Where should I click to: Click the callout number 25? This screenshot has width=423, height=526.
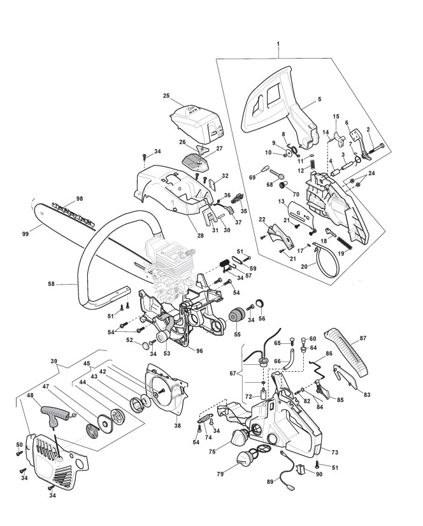coord(166,96)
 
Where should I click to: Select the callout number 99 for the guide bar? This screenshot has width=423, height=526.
coord(25,234)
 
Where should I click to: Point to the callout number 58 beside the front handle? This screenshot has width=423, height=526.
coord(51,284)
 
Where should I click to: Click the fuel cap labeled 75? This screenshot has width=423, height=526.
coord(238,437)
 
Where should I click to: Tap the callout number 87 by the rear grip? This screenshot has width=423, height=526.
coord(363,339)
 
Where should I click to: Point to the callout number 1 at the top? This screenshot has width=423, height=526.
coord(278,44)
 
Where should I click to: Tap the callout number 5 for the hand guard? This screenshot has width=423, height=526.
coord(319,99)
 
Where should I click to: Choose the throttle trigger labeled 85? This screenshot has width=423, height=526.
coord(322,389)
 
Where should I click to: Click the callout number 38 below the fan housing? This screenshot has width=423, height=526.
coord(177,425)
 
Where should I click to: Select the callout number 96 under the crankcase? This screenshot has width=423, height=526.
coord(200,351)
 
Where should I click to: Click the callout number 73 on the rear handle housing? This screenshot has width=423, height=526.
coord(334,452)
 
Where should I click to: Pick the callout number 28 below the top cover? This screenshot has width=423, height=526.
coord(201,236)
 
